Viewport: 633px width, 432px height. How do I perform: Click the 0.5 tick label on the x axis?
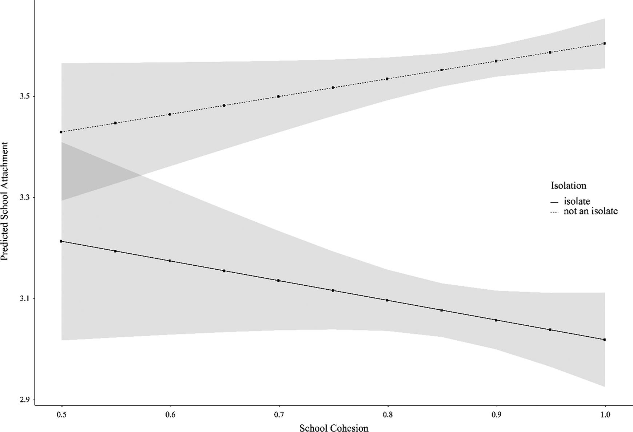pyautogui.click(x=62, y=415)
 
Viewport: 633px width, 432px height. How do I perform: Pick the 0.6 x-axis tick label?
pyautogui.click(x=170, y=415)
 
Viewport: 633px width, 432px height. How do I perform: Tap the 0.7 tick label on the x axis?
pyautogui.click(x=279, y=415)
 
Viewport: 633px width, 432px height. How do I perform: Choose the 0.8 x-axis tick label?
pyautogui.click(x=387, y=415)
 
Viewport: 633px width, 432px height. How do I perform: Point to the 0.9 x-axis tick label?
pyautogui.click(x=496, y=415)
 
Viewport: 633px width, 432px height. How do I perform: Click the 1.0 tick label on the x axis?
pyautogui.click(x=605, y=415)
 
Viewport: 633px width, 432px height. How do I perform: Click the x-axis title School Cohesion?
pyautogui.click(x=334, y=428)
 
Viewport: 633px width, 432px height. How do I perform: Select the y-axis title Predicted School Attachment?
pyautogui.click(x=5, y=201)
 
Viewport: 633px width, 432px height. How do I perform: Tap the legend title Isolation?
pyautogui.click(x=568, y=186)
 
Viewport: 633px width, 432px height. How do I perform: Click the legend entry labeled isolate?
pyautogui.click(x=577, y=201)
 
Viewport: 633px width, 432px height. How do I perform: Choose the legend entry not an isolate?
pyautogui.click(x=590, y=211)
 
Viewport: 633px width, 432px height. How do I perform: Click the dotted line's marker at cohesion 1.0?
pyautogui.click(x=605, y=43)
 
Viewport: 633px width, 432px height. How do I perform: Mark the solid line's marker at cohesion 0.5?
pyautogui.click(x=61, y=241)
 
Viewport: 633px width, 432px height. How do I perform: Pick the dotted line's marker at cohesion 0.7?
pyautogui.click(x=279, y=96)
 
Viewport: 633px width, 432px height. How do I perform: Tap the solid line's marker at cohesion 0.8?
pyautogui.click(x=387, y=300)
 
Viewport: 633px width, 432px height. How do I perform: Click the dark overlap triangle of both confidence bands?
pyautogui.click(x=87, y=171)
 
